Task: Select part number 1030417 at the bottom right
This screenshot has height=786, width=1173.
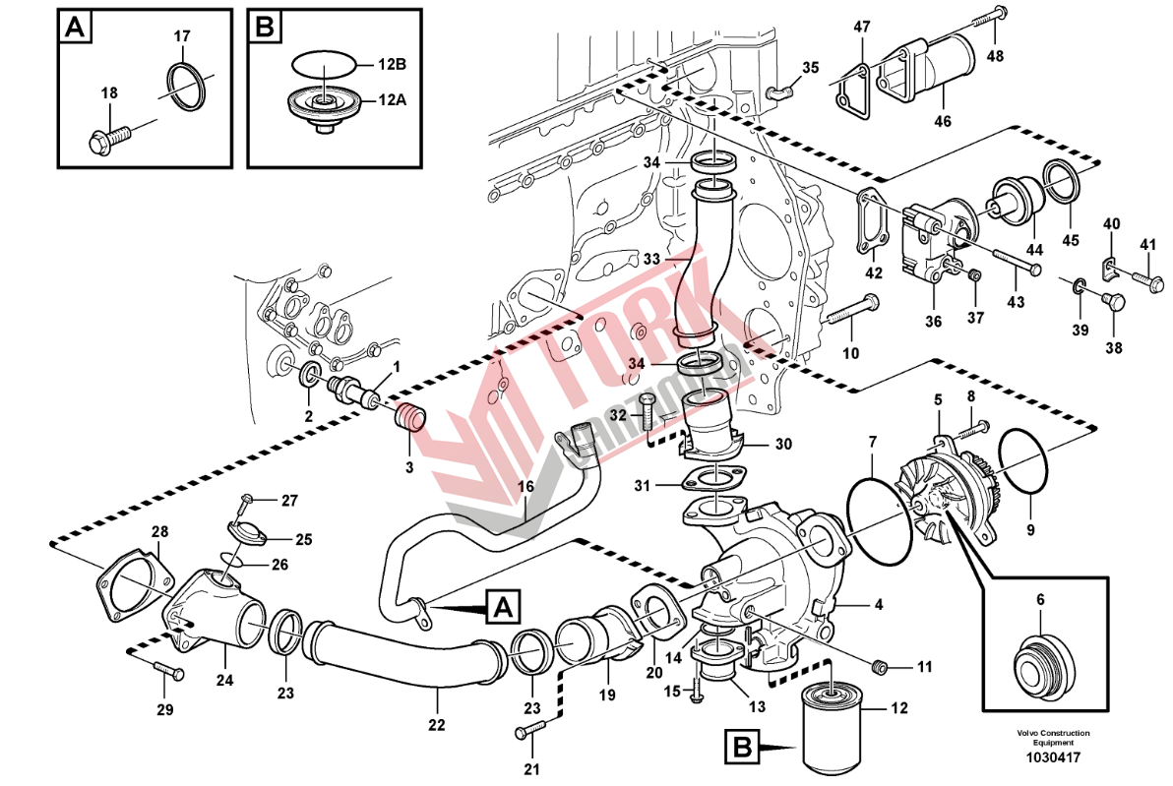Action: click(x=1053, y=758)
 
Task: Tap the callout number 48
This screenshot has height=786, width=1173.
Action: click(x=996, y=56)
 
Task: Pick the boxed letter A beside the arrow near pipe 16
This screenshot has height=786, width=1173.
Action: click(x=502, y=606)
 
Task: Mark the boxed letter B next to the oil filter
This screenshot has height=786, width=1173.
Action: click(x=743, y=748)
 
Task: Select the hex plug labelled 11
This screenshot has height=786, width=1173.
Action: click(x=882, y=669)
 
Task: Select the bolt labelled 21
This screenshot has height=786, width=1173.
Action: click(x=530, y=730)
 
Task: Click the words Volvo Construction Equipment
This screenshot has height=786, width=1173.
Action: click(x=1053, y=738)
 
